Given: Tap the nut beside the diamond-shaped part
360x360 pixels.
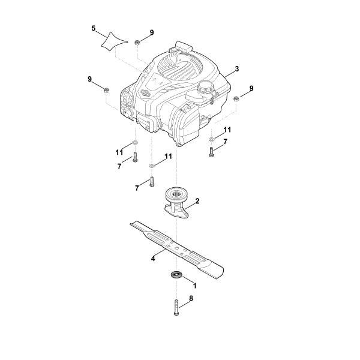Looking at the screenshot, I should [x=137, y=41].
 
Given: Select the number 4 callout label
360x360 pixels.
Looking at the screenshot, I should [x=153, y=259].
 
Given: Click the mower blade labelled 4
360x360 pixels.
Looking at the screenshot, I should [x=180, y=250].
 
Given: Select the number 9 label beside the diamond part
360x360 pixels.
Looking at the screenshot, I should [x=152, y=32].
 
